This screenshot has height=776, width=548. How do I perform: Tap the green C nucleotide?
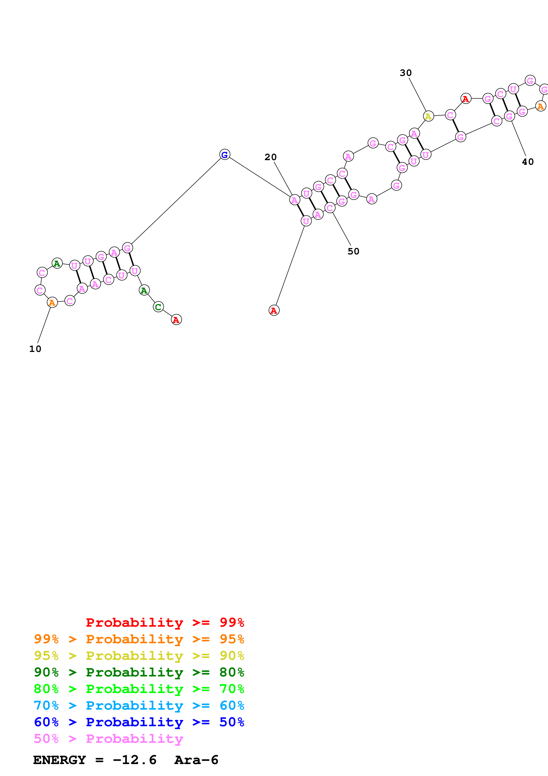click(x=158, y=307)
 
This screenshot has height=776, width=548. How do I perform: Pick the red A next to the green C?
click(x=176, y=319)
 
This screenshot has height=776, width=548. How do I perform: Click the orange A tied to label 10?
click(x=52, y=302)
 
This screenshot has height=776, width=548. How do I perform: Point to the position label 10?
click(x=35, y=349)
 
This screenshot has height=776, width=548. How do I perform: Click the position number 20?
click(x=270, y=157)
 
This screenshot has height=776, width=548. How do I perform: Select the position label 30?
click(x=405, y=73)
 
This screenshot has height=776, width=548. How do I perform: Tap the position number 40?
click(x=528, y=162)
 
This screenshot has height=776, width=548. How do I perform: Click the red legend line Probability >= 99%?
click(x=165, y=622)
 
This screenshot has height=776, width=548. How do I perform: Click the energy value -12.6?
click(x=135, y=760)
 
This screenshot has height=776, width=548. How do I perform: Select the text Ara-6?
click(x=196, y=760)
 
